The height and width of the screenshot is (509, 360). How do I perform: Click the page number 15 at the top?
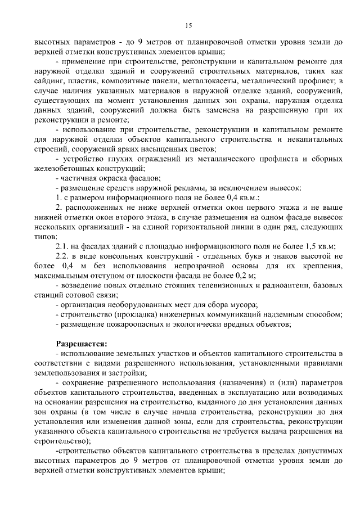188,25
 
